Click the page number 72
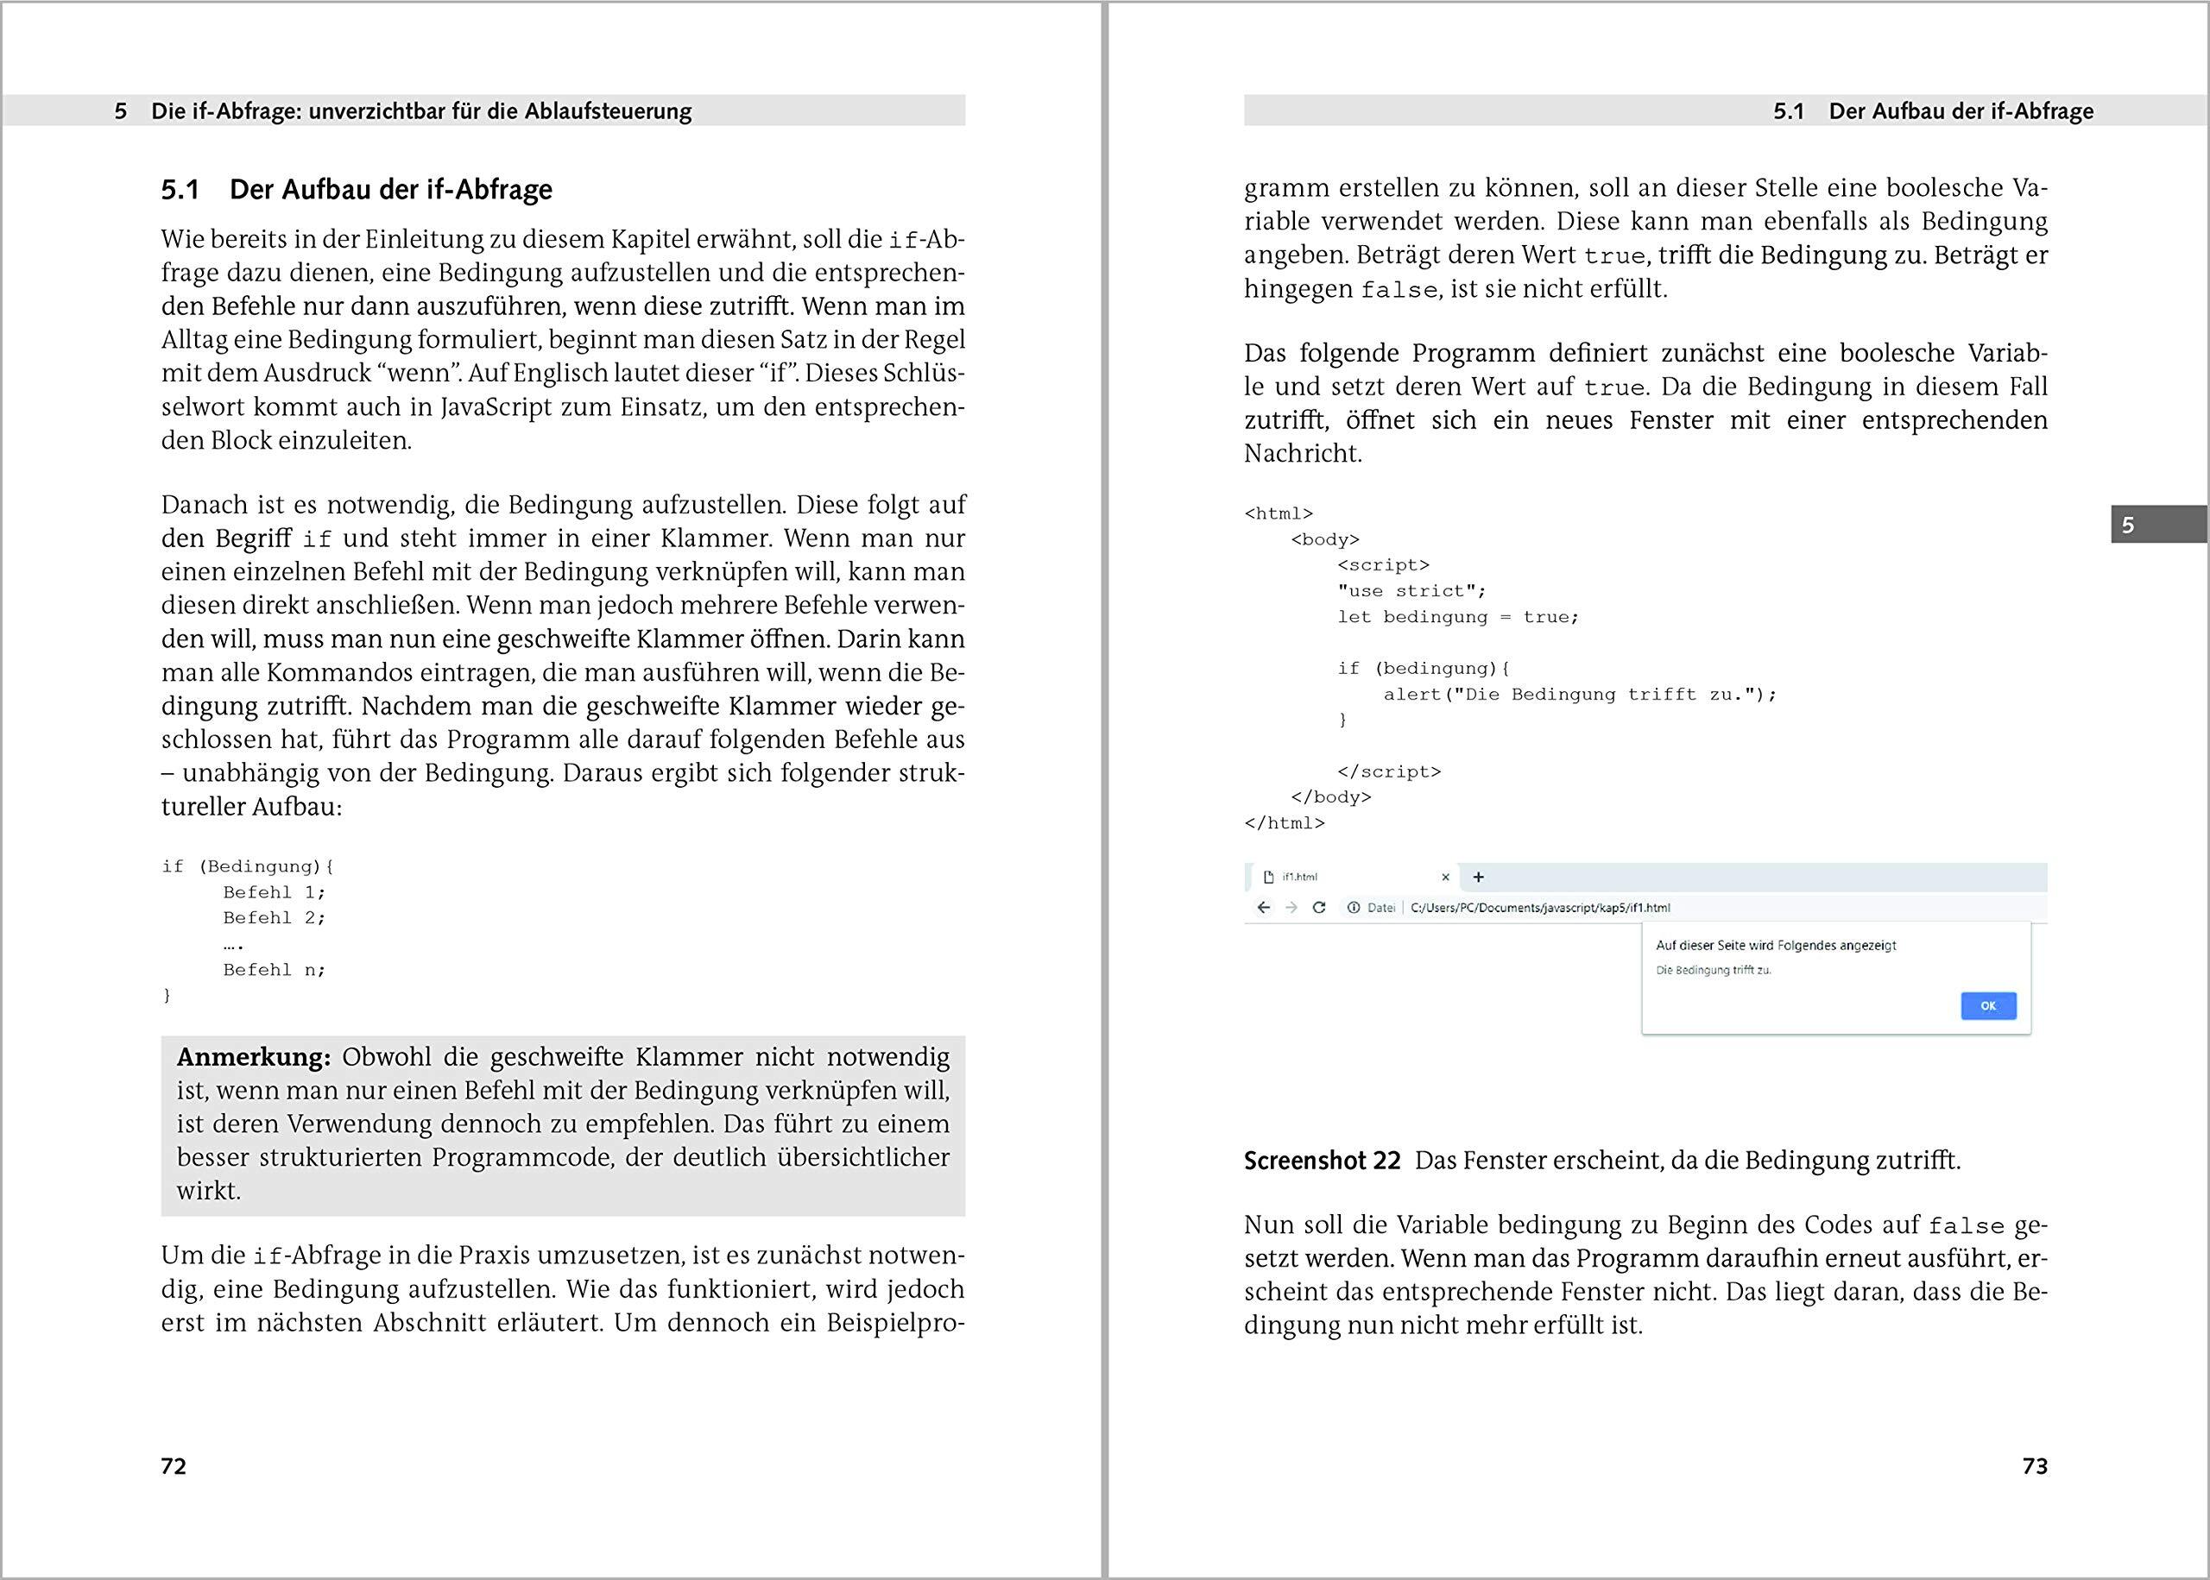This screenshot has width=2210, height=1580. point(174,1466)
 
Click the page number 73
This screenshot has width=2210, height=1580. point(2035,1466)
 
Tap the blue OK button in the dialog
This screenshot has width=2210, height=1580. point(1988,1006)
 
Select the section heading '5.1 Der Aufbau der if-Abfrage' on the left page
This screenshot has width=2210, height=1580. point(357,190)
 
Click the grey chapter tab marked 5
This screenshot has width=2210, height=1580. point(2158,526)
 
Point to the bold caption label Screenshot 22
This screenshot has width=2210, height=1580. point(1322,1161)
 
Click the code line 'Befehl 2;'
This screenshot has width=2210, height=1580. point(275,917)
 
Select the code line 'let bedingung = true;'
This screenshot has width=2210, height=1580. point(1458,617)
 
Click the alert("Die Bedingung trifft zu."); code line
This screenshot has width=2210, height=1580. point(1580,695)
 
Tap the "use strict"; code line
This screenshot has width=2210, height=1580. point(1411,590)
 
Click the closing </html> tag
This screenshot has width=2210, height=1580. point(1285,823)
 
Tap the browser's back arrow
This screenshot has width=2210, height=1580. point(1263,908)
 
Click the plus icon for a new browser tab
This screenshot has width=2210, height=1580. point(1478,877)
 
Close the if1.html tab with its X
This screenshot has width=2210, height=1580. point(1445,877)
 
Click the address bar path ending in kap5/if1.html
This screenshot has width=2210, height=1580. point(1539,908)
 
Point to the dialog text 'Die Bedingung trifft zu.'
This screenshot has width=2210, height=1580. point(1713,970)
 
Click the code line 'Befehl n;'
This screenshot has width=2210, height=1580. point(275,970)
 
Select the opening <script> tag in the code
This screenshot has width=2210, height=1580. point(1383,565)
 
